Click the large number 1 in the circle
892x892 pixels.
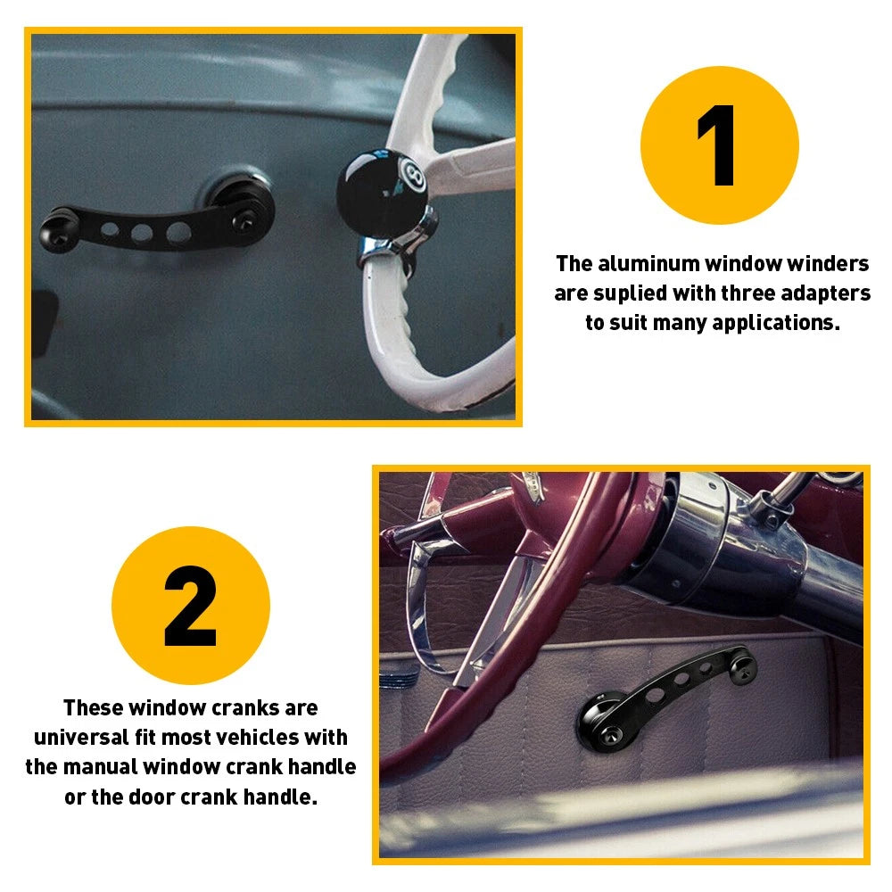[x=719, y=145]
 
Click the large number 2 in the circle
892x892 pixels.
[x=191, y=606]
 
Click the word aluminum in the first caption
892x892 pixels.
[x=648, y=264]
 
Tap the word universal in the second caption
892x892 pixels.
[x=87, y=738]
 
